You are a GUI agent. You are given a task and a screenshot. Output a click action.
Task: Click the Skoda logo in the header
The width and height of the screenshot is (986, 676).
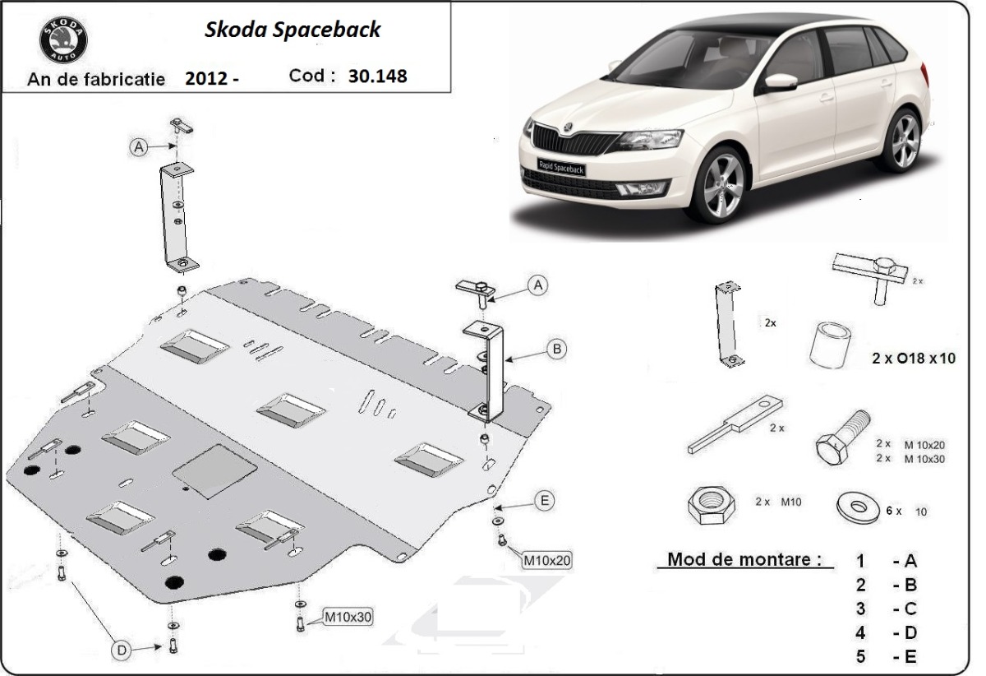click(x=63, y=39)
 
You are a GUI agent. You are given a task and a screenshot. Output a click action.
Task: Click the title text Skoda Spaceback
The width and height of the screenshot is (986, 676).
click(x=293, y=30)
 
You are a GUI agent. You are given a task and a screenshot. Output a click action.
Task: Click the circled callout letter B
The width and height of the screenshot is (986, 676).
click(x=557, y=350)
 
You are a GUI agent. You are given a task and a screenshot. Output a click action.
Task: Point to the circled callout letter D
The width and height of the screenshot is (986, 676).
click(x=122, y=651)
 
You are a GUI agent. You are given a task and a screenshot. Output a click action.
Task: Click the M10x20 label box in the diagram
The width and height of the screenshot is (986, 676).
click(x=546, y=561)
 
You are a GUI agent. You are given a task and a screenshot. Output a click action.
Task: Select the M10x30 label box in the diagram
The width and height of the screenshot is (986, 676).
click(x=347, y=616)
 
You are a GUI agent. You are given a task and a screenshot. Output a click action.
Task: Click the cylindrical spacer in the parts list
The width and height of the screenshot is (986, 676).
click(x=829, y=345)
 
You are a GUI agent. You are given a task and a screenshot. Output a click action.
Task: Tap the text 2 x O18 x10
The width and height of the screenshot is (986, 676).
click(x=914, y=359)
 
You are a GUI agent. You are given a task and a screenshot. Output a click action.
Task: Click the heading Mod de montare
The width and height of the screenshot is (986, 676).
click(x=744, y=560)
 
